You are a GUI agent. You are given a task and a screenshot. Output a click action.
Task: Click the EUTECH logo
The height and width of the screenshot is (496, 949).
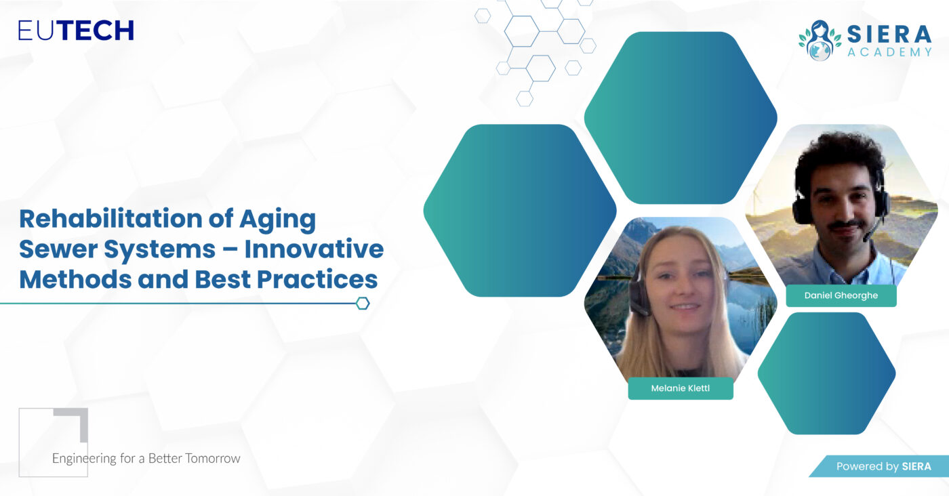point(76,30)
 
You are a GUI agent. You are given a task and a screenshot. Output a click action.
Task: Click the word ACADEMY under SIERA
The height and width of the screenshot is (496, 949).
point(889,51)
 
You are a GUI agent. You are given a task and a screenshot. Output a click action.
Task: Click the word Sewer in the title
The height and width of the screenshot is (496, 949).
point(58,249)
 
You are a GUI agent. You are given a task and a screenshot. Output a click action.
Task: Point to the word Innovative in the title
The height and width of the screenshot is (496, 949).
point(314,249)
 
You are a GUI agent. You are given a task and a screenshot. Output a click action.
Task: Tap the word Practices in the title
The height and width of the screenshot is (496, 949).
point(317,279)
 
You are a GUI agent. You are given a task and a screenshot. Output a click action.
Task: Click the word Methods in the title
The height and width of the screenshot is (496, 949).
point(75,279)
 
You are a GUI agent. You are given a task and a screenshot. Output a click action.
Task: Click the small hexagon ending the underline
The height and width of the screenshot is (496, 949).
point(363,304)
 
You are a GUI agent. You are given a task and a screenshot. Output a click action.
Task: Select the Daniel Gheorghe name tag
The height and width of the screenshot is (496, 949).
point(841,295)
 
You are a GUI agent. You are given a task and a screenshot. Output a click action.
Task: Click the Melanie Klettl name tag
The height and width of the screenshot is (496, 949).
point(681,388)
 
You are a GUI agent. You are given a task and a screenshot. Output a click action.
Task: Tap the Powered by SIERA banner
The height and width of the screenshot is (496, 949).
point(880,466)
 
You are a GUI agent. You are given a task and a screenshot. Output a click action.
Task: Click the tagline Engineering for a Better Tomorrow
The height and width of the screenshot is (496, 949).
point(146,458)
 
